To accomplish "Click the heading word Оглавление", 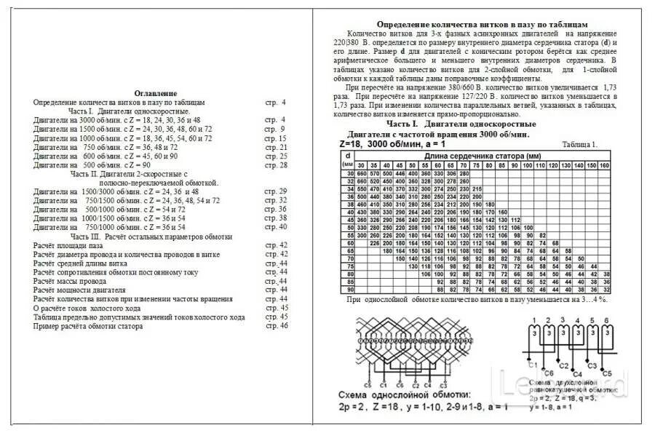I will click(x=156, y=94).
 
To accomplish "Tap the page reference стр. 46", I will click(x=276, y=326).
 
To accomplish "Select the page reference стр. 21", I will click(x=276, y=147).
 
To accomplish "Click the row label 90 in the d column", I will click(x=349, y=290).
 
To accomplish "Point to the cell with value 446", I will click(x=400, y=174).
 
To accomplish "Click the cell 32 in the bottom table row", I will click(x=606, y=290).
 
